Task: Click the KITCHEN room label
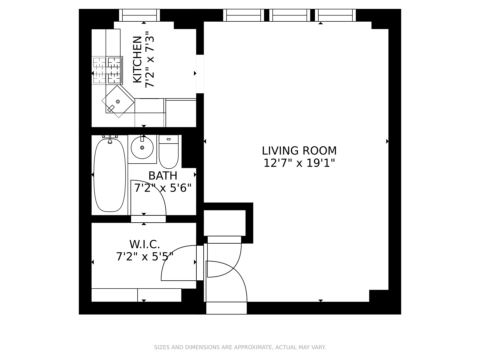137,59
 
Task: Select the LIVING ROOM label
299,151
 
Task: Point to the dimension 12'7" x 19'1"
299,163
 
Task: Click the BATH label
163,176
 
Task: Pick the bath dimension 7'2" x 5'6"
163,188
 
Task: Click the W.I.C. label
145,244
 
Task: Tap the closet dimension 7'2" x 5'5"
145,257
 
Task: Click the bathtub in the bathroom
110,175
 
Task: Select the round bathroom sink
142,147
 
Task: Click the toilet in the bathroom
169,153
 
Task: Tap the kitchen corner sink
118,101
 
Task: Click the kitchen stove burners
107,70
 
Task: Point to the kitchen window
140,15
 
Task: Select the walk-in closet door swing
177,263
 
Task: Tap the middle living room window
290,15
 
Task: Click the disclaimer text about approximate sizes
240,347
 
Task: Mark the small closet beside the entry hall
225,223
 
